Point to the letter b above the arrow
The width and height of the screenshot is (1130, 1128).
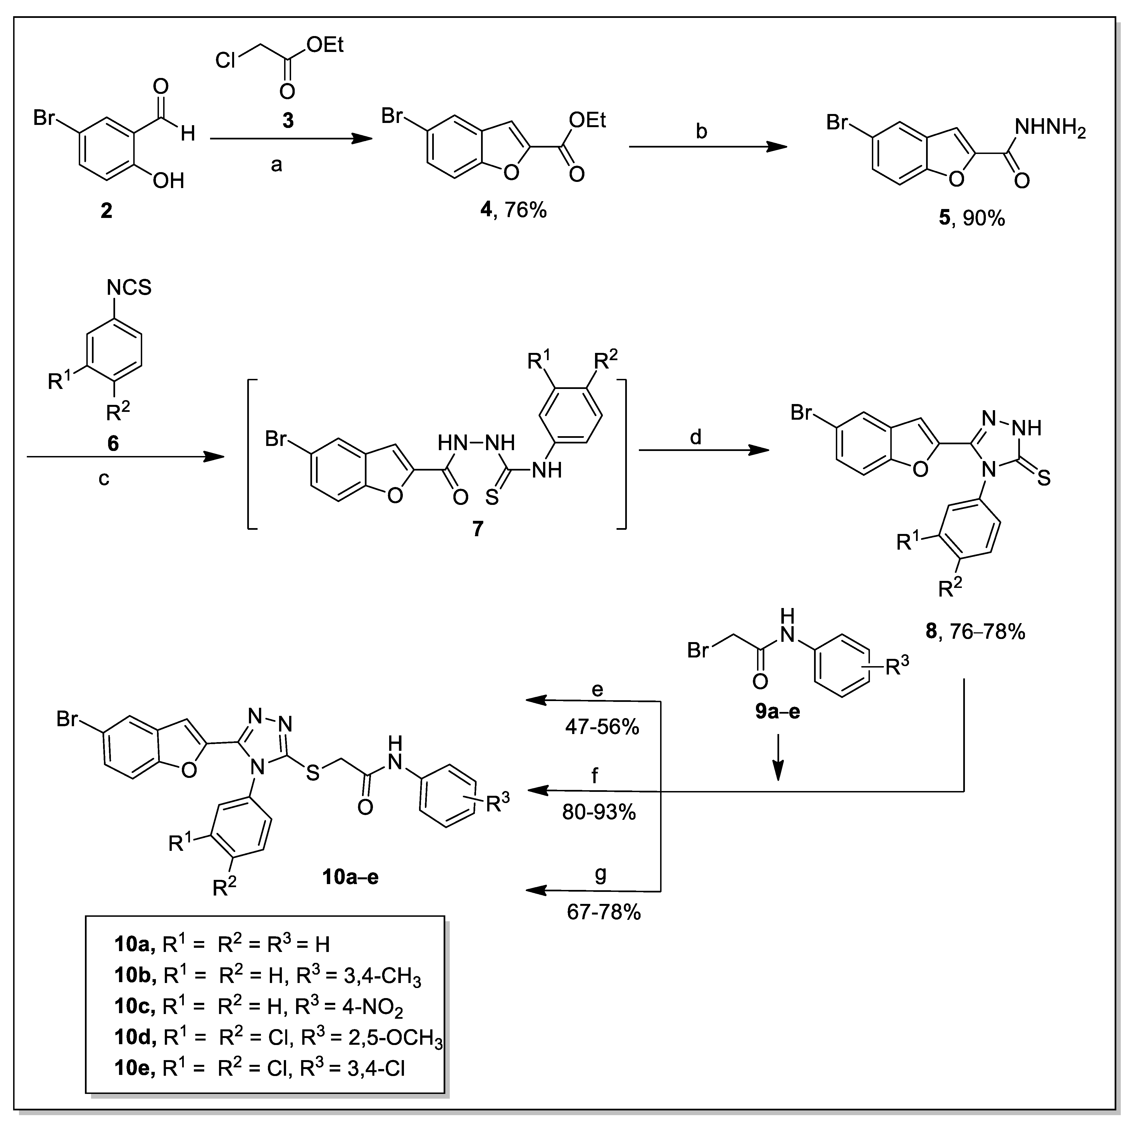pos(701,132)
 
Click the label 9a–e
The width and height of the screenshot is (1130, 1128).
pos(777,712)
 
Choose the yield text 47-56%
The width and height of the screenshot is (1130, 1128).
pos(602,727)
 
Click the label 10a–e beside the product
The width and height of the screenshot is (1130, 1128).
pos(350,877)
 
